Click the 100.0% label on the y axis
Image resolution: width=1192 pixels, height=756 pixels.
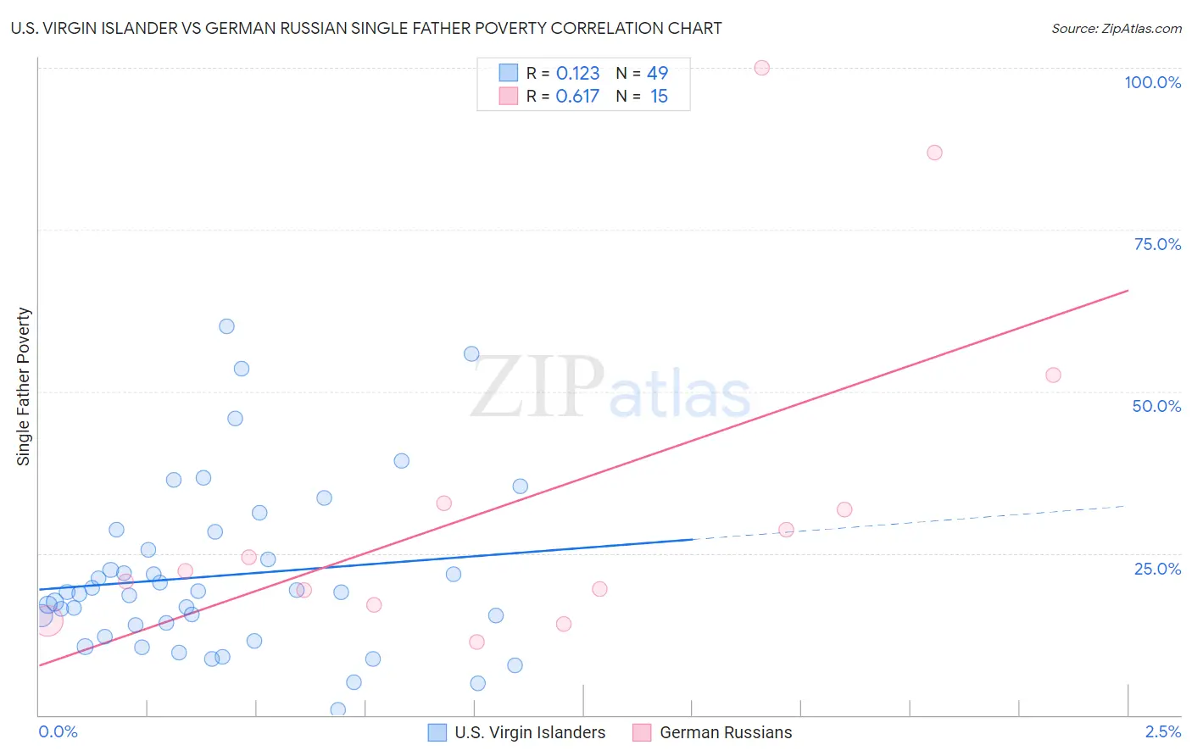click(1152, 82)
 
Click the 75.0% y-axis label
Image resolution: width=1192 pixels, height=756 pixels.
click(1157, 244)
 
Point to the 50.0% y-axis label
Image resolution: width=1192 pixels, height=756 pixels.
click(1156, 406)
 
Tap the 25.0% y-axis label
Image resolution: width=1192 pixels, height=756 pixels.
click(1157, 568)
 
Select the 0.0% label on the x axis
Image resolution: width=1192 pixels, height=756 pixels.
click(58, 731)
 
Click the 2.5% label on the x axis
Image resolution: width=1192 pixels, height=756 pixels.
click(1163, 731)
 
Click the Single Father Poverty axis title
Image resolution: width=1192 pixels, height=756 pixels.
click(23, 386)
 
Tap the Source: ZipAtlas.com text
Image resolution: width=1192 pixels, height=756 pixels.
click(1116, 28)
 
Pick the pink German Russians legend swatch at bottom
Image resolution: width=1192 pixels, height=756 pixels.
click(642, 732)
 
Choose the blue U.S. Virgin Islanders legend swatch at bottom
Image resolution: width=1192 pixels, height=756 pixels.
click(437, 732)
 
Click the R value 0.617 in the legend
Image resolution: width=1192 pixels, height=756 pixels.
click(577, 96)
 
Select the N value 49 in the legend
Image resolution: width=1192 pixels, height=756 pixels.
click(657, 73)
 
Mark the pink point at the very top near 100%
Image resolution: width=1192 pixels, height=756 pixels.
click(761, 68)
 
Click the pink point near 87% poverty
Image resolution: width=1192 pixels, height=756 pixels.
click(934, 153)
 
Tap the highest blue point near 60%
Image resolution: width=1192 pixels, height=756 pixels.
click(226, 326)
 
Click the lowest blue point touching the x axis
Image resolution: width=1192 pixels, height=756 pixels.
click(337, 709)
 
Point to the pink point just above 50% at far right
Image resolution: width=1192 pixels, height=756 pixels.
click(1053, 375)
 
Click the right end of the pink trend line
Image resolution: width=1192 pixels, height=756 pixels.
click(1128, 291)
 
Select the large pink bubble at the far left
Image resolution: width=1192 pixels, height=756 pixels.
click(47, 620)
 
